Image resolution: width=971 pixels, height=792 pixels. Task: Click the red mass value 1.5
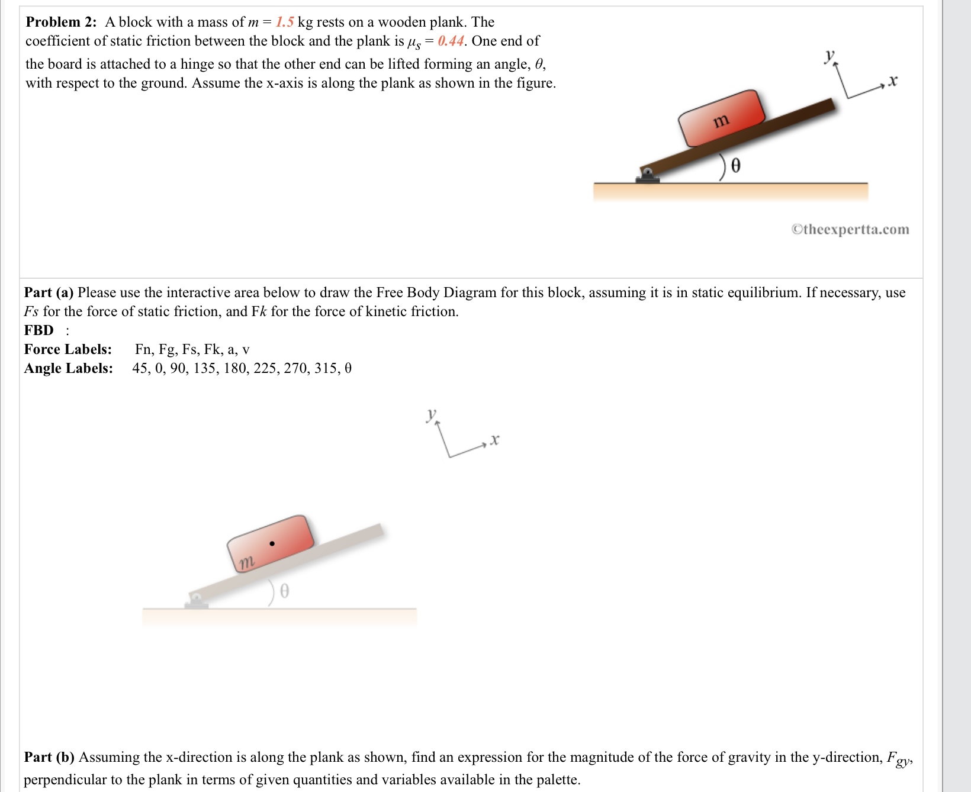coord(285,22)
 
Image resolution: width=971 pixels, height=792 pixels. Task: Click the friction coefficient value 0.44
coord(451,41)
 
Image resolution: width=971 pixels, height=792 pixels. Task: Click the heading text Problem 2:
coord(61,22)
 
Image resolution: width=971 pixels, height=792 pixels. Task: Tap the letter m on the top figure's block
coord(721,121)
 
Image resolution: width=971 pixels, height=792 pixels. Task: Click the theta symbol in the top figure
coord(735,166)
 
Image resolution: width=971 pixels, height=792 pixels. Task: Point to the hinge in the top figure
coord(648,175)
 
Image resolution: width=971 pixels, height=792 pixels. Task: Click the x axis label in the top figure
coord(893,81)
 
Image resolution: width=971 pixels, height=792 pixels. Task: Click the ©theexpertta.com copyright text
coord(850,230)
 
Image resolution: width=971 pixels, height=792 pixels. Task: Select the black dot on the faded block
coord(272,543)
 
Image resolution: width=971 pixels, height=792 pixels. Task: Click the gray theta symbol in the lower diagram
coord(284,591)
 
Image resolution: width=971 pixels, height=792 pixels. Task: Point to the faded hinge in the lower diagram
coord(197,601)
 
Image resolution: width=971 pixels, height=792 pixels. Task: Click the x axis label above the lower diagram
coord(494,440)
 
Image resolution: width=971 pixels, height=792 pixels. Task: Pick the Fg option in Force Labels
coord(168,350)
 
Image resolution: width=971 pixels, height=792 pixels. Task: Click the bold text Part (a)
coord(49,293)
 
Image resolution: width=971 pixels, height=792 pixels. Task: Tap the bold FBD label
coord(39,331)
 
